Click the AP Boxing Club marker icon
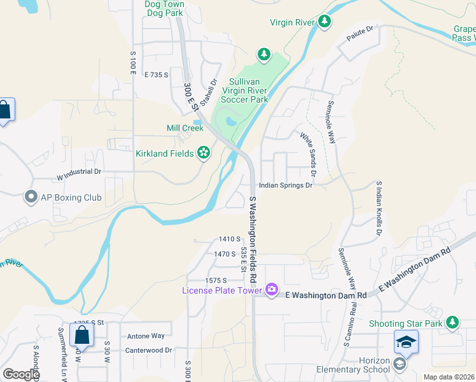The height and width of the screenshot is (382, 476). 31,197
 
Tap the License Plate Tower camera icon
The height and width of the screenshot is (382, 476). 272,290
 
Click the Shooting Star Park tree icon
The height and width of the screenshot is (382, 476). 452,323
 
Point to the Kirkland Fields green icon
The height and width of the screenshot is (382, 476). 204,153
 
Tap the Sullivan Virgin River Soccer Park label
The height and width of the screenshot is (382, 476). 245,90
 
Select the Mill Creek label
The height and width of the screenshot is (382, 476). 185,128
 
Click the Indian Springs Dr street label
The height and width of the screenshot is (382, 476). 286,186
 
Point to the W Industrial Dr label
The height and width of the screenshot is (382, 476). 79,171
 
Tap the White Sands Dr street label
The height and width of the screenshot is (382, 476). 308,155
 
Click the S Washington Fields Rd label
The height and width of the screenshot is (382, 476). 254,239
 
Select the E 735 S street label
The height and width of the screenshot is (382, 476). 156,74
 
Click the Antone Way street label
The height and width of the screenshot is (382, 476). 146,336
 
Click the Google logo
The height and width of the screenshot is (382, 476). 21,374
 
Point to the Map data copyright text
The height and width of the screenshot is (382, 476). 449,377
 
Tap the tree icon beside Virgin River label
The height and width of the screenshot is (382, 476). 325,22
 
